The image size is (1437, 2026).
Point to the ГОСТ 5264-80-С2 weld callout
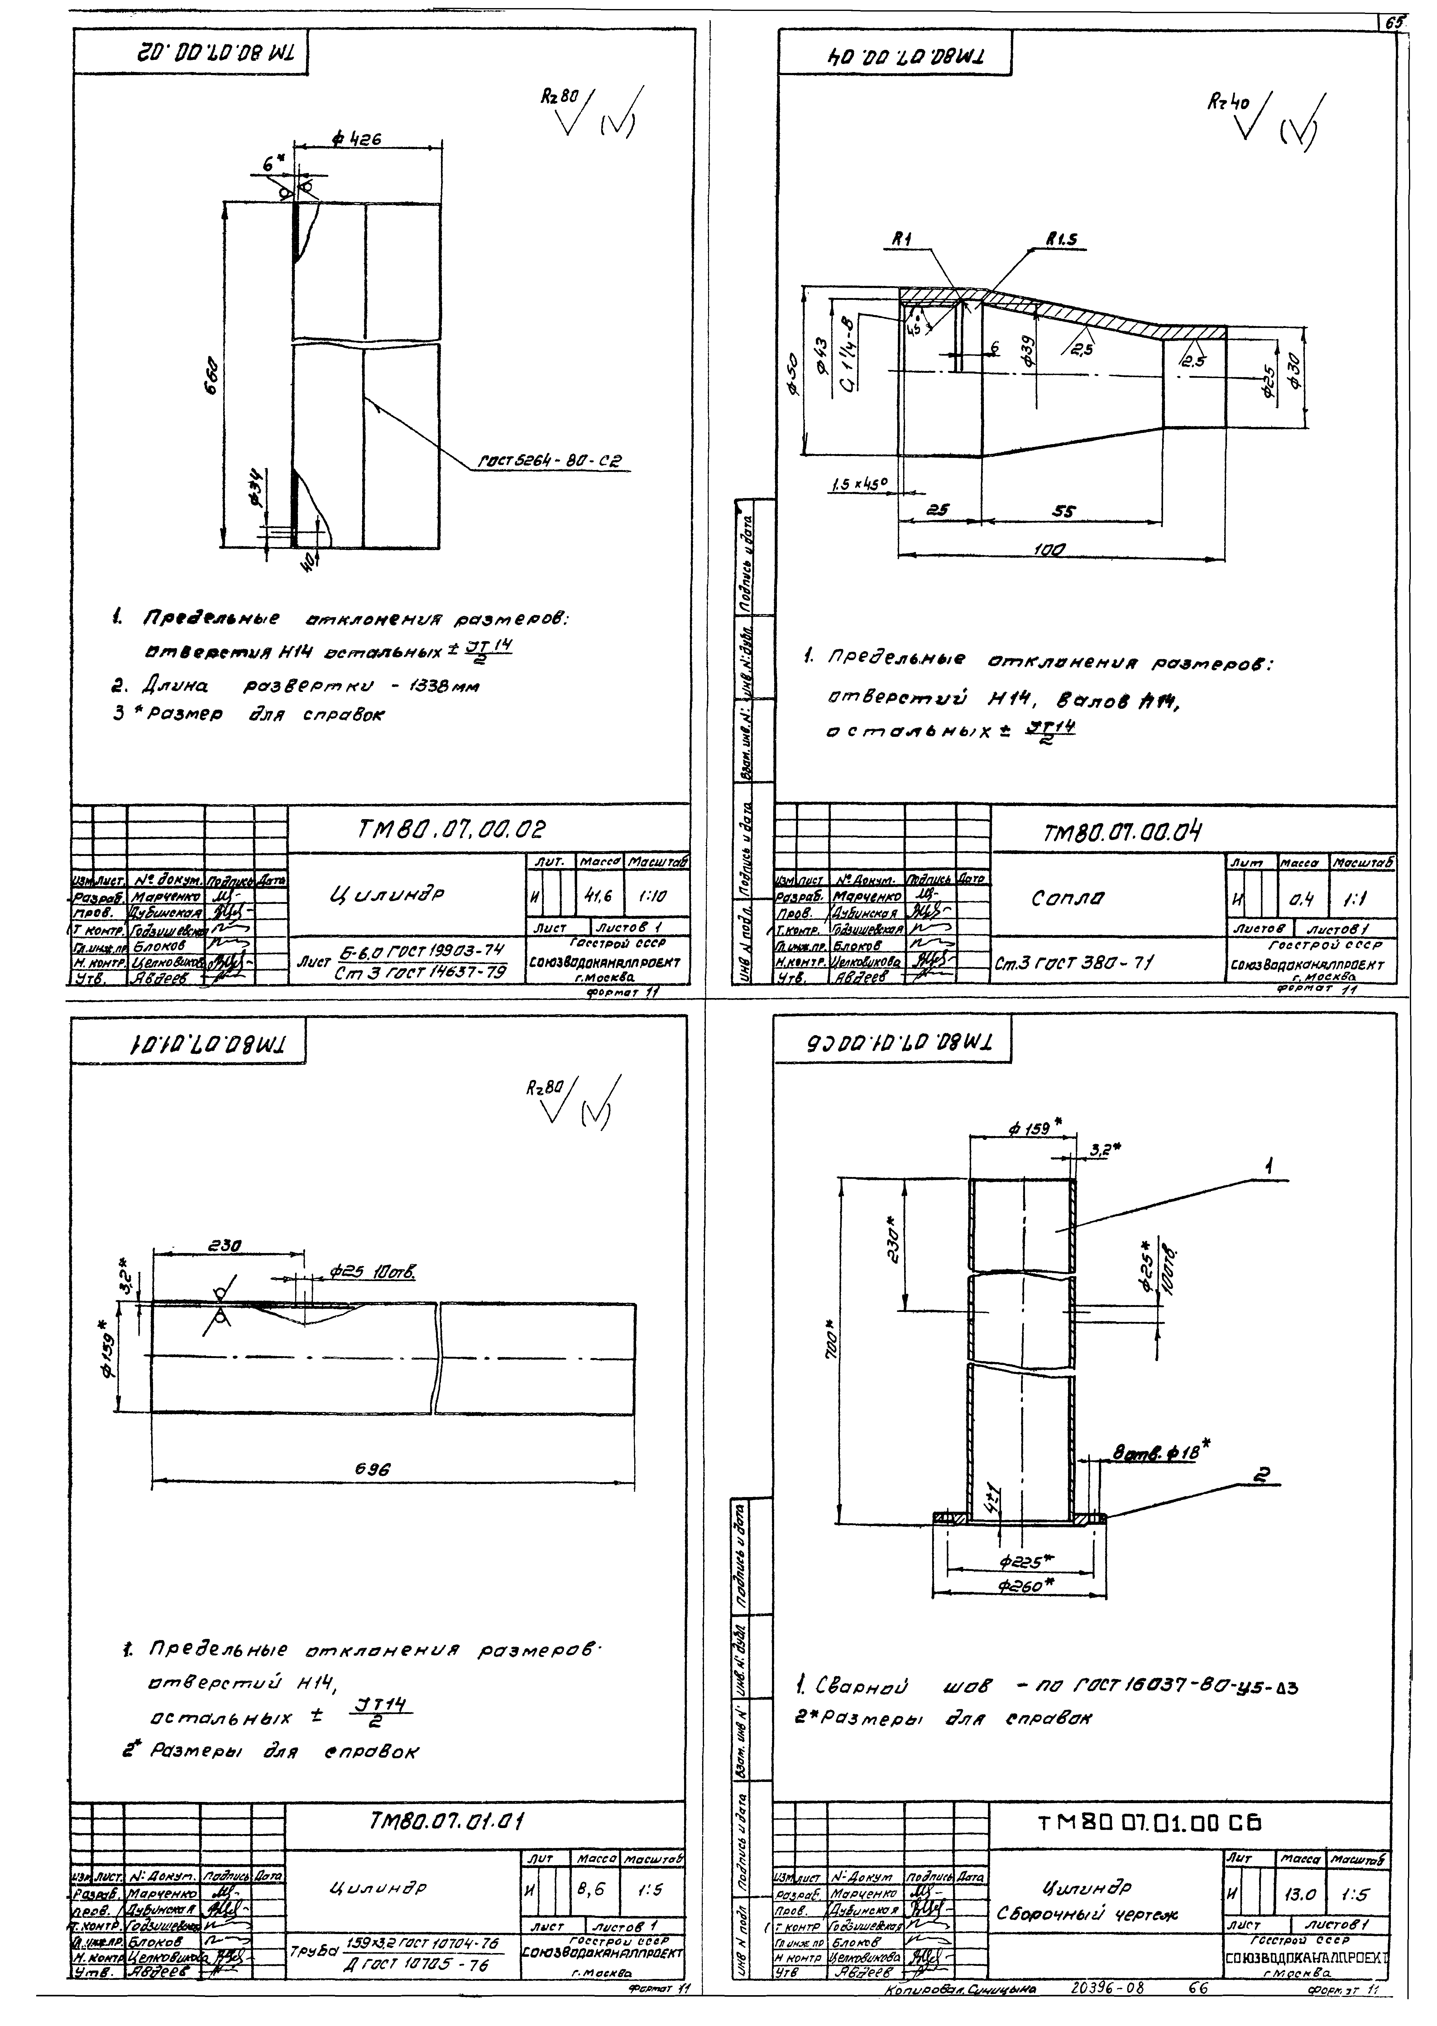[x=550, y=461]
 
